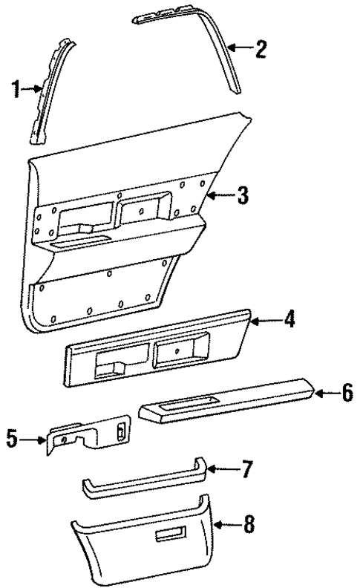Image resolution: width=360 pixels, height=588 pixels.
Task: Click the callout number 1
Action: pos(16,91)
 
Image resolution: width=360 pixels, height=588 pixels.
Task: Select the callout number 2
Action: pos(260,50)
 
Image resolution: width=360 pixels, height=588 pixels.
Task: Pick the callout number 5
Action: pos(12,440)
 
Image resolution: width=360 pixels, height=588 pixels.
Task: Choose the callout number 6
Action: pos(347,393)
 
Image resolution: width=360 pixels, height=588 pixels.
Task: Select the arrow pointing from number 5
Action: pos(33,440)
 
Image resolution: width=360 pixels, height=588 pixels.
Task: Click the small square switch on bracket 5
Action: pos(120,430)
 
